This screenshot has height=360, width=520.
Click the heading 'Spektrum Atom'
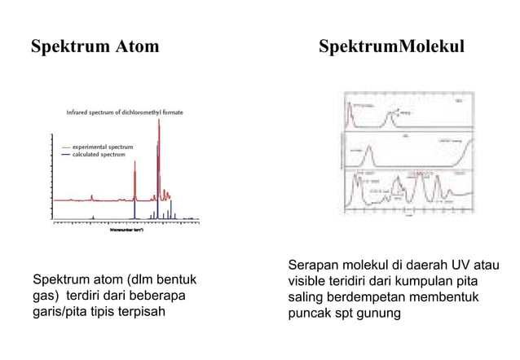coord(95,46)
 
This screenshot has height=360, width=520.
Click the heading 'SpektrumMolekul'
coord(392,46)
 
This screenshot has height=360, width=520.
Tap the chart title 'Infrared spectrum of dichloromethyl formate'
coord(125,112)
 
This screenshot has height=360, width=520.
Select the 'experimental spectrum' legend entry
coord(102,147)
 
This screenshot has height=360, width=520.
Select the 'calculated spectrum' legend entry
coord(98,154)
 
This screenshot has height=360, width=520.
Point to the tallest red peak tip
coord(158,120)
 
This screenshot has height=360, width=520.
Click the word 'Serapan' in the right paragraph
coord(312,266)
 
